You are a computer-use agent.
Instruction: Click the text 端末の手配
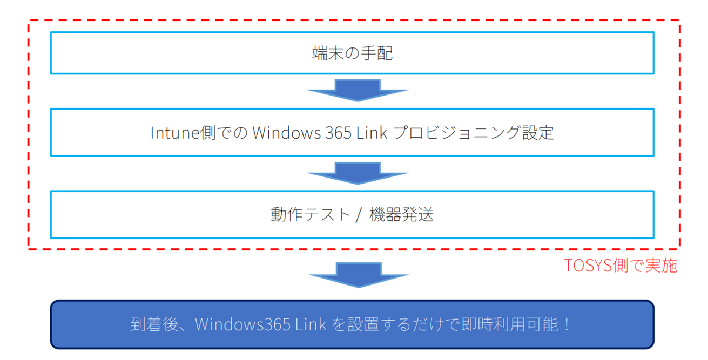353,53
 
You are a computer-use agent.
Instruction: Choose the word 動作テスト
311,215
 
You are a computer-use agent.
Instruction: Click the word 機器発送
402,215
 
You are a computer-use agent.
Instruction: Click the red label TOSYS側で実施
621,265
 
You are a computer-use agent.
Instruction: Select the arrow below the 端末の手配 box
358,90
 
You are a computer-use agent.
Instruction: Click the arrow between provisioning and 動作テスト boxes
358,173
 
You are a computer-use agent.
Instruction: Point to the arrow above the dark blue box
359,275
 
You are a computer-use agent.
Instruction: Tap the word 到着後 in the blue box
154,324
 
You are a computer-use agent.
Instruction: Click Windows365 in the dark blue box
242,324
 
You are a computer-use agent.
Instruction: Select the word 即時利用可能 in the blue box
510,324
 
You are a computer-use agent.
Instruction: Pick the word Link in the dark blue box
311,324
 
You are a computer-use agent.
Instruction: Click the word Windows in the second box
286,133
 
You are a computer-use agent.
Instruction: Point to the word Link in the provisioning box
372,133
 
